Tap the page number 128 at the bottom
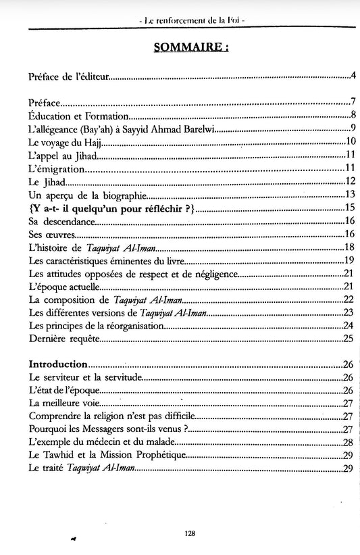[190, 533]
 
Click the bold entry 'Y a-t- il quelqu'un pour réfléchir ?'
[112, 208]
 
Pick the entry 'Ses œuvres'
[51, 234]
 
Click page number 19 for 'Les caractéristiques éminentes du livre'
[349, 260]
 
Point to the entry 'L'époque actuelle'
[67, 286]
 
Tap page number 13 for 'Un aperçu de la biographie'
[349, 195]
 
